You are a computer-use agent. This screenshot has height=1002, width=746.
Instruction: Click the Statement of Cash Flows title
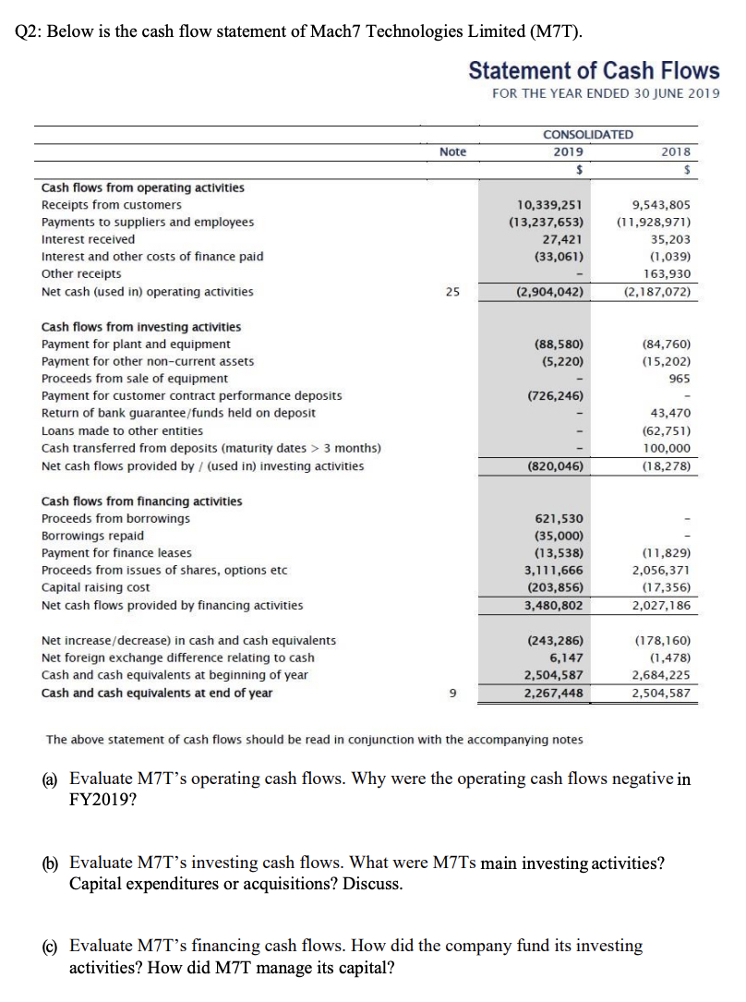click(x=594, y=71)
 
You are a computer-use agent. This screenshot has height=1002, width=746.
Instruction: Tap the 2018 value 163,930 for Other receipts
click(x=667, y=274)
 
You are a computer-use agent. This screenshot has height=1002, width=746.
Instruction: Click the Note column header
click(x=453, y=152)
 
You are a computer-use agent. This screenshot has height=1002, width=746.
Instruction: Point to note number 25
click(x=452, y=292)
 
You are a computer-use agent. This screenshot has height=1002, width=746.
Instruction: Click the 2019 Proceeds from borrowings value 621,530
click(x=559, y=518)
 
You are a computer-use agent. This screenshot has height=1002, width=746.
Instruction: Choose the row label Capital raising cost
click(x=96, y=587)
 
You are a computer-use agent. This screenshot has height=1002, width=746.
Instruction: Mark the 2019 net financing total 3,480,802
click(x=553, y=605)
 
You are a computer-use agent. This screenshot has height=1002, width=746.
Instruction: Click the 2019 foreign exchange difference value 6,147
click(x=565, y=658)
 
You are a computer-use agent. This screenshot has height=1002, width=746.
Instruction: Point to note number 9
click(x=452, y=693)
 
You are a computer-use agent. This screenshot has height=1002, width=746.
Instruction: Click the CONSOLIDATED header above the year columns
click(x=588, y=135)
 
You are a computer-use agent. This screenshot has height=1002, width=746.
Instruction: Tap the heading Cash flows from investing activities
click(x=141, y=326)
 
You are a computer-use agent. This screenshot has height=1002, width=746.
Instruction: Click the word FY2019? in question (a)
click(x=102, y=799)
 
